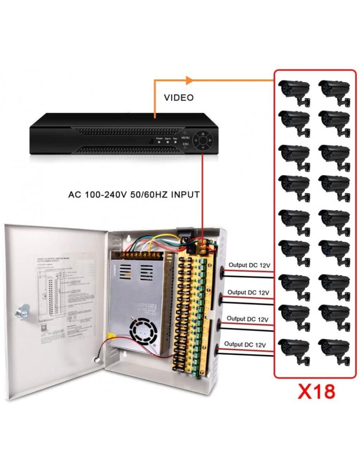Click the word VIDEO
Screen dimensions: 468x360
coord(179,98)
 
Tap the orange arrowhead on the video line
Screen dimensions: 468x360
coord(190,81)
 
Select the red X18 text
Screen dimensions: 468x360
coord(316,392)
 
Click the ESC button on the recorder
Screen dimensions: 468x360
coord(186,147)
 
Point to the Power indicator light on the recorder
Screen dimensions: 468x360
coord(159,142)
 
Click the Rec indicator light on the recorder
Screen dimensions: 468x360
coord(175,142)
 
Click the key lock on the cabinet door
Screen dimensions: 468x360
coord(21,312)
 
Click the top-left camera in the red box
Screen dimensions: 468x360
coord(294,90)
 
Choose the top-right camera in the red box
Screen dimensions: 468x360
coord(334,90)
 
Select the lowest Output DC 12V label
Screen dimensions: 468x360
coord(245,344)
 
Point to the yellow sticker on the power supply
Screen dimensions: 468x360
coord(111,336)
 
